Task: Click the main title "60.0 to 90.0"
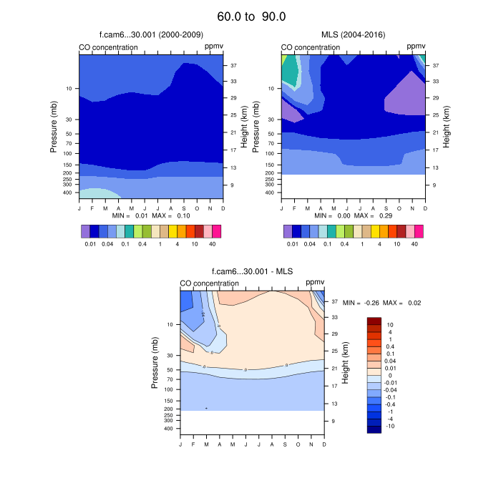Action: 250,16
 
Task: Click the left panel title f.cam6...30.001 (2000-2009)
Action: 150,34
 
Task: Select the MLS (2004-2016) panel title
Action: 353,34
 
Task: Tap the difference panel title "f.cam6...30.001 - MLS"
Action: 251,271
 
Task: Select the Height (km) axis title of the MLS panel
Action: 447,125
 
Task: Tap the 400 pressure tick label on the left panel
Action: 69,193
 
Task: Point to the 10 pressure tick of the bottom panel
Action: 170,324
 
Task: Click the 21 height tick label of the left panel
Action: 233,132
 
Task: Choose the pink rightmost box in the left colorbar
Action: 216,231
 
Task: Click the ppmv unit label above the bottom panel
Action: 315,283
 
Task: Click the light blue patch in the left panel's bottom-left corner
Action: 97,193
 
